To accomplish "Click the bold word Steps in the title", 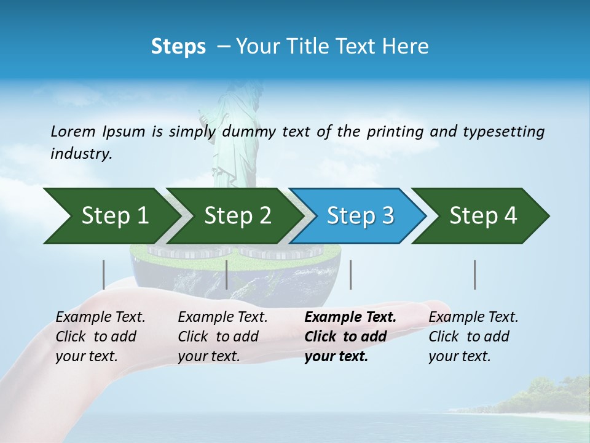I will pos(178,47).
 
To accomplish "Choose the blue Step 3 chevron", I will pos(360,216).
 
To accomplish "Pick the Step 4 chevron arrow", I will pos(483,216).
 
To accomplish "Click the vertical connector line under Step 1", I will pos(104,274).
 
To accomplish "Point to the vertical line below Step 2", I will pos(227,274).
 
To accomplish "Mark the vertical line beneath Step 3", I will pos(350,274).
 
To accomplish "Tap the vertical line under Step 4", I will pos(475,274).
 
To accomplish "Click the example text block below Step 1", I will pos(100,337).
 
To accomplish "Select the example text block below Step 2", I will pos(222,337).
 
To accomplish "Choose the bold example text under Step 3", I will pos(350,337).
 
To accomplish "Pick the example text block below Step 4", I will pos(473,337).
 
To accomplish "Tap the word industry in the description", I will pos(81,154).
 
